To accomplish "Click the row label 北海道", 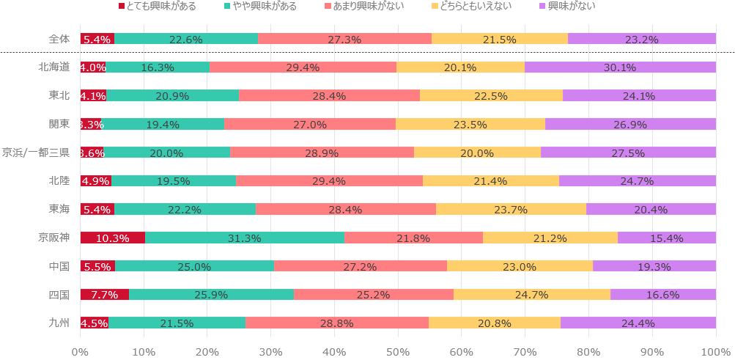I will [x=54, y=67].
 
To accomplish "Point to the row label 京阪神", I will [x=54, y=238].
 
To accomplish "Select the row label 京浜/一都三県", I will [x=36, y=153].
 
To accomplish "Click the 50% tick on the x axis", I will [x=398, y=351].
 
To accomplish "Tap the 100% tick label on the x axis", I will [x=715, y=351].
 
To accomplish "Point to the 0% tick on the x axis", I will [x=81, y=351].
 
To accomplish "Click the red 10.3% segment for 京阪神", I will [x=113, y=238].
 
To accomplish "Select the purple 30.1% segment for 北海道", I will [x=620, y=67].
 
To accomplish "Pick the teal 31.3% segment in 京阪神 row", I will [x=244, y=238].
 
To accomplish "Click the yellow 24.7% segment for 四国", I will [x=531, y=295].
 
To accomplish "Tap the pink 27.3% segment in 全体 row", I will [x=344, y=39].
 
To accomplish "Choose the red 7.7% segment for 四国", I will [x=105, y=295].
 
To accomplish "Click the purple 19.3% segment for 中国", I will [x=654, y=266].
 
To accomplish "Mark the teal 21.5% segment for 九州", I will [x=177, y=323].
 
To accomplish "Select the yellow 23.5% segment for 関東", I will [x=470, y=124].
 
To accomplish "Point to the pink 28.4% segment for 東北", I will [x=329, y=95].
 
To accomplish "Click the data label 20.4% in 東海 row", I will [x=651, y=210].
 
